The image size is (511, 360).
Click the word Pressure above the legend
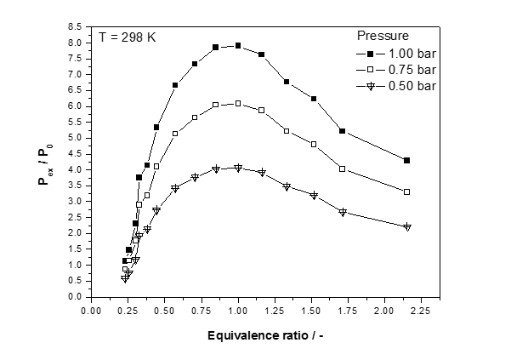pyautogui.click(x=383, y=37)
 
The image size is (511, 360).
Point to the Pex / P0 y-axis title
pyautogui.click(x=48, y=162)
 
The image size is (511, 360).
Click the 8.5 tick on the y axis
pyautogui.click(x=75, y=27)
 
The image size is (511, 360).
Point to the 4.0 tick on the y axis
pyautogui.click(x=75, y=169)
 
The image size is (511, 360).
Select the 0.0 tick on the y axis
pyautogui.click(x=75, y=297)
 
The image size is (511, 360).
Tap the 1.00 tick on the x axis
pyautogui.click(x=238, y=310)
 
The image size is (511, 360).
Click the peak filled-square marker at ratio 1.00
pyautogui.click(x=238, y=45)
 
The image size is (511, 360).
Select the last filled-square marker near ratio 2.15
pyautogui.click(x=407, y=160)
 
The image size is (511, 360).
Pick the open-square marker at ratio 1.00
pyautogui.click(x=238, y=104)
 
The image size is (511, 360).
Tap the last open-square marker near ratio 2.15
pyautogui.click(x=407, y=191)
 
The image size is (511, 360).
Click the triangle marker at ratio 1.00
pyautogui.click(x=238, y=168)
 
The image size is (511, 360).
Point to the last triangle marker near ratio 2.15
pyautogui.click(x=407, y=226)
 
